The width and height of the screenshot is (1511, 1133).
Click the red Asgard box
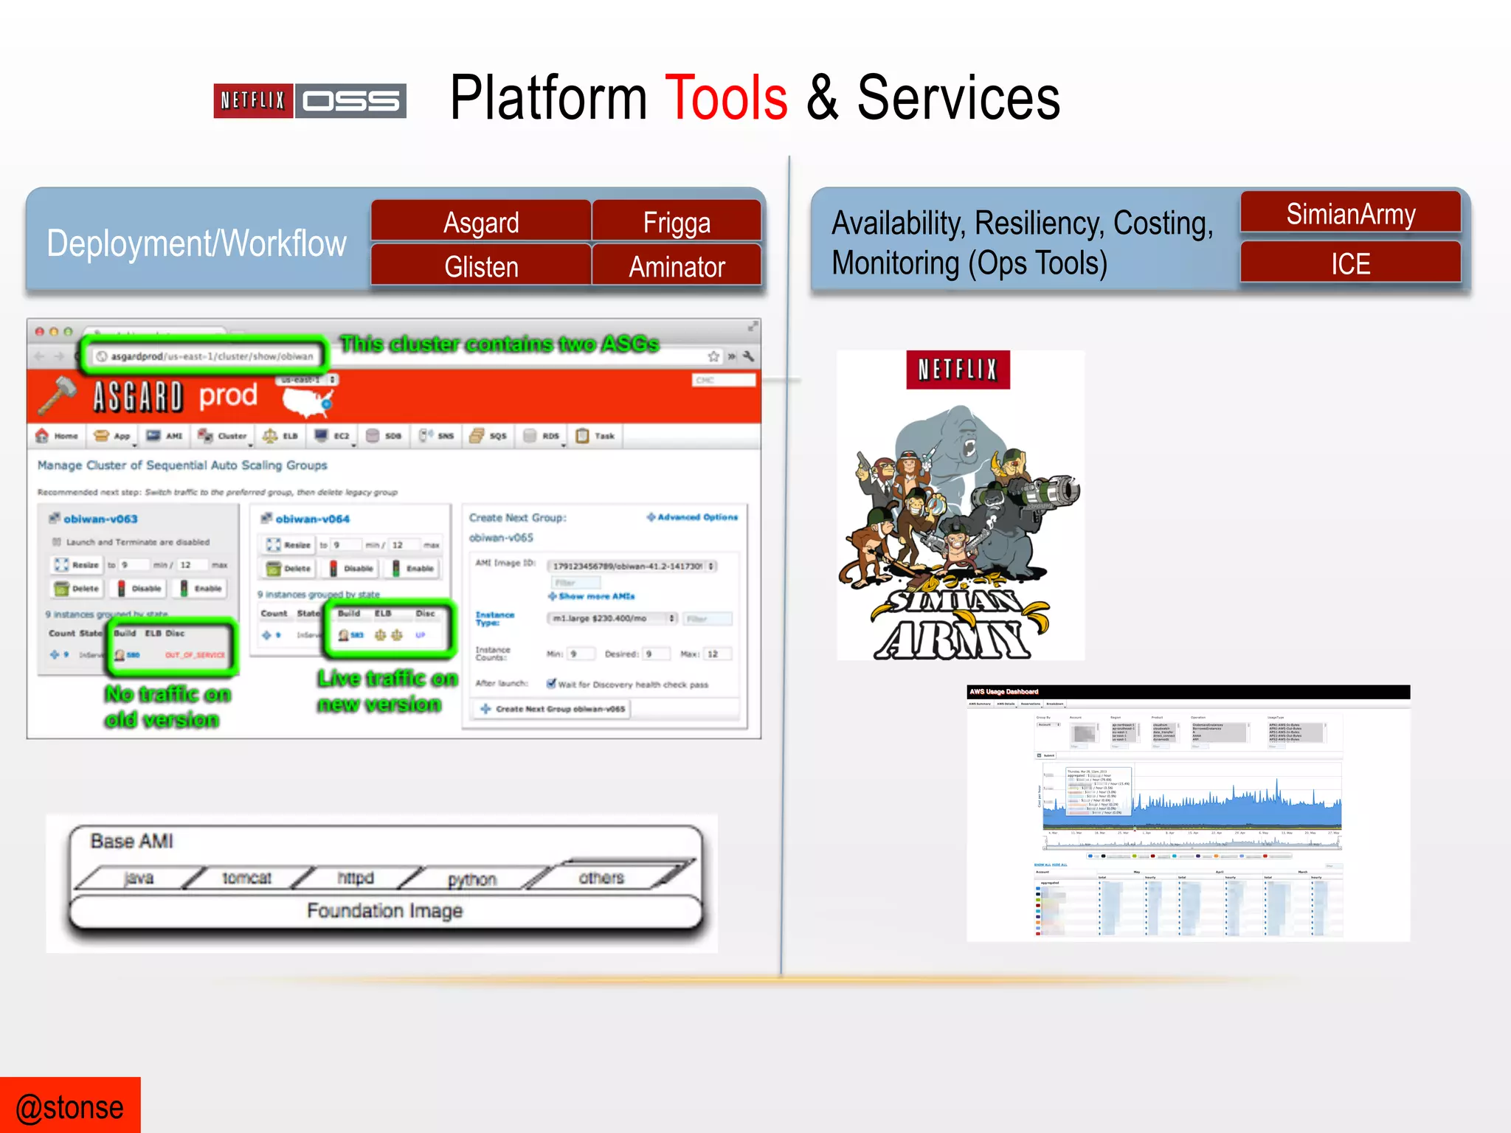point(481,222)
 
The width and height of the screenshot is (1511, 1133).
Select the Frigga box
point(677,222)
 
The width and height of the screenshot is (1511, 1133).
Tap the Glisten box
point(481,266)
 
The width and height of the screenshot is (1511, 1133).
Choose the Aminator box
point(677,266)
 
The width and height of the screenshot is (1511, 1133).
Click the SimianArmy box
point(1350,214)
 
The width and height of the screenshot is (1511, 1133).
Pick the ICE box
point(1350,263)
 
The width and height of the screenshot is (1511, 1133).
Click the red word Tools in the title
point(726,98)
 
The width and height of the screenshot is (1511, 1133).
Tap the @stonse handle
point(70,1107)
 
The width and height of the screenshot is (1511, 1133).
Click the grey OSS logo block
point(351,101)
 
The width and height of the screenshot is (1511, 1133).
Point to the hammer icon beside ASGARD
point(57,395)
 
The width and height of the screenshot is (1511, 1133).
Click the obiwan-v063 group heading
point(100,519)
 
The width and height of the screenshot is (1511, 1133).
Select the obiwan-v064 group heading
point(312,519)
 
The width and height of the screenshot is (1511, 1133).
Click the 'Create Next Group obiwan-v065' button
point(553,709)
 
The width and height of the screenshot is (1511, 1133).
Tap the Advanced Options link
point(693,517)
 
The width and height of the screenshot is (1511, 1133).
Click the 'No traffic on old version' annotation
point(167,706)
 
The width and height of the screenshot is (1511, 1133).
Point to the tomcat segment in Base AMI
point(246,878)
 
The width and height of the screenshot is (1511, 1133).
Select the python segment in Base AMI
point(471,879)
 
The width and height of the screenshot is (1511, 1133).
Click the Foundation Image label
point(384,911)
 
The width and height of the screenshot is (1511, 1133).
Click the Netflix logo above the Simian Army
point(958,370)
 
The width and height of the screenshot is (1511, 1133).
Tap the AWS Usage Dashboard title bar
point(1188,692)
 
